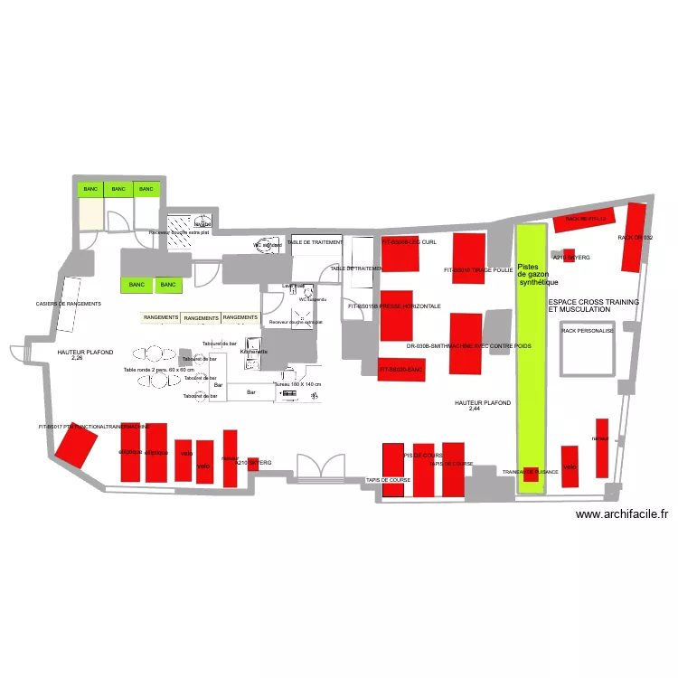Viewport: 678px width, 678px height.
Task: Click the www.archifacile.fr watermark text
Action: tap(622, 513)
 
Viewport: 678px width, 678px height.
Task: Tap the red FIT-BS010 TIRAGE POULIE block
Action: tap(467, 255)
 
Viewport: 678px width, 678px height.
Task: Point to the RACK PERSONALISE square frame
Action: tap(588, 349)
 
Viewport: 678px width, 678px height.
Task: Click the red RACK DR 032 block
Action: tap(636, 237)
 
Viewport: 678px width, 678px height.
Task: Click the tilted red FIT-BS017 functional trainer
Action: tap(77, 445)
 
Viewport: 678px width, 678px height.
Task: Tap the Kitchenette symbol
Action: tap(254, 352)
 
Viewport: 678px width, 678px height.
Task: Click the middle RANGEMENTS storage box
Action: tap(201, 318)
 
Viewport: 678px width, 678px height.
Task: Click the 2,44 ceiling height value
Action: tap(475, 409)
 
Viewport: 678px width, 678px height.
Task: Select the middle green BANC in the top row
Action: tap(117, 189)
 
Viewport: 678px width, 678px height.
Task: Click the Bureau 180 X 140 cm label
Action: tap(297, 384)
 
